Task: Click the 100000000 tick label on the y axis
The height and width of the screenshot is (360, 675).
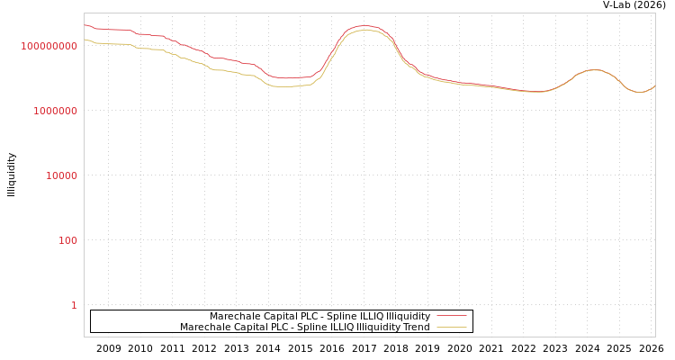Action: pos(49,46)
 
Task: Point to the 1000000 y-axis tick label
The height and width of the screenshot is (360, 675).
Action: pos(55,111)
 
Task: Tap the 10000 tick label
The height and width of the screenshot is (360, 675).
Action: pos(61,175)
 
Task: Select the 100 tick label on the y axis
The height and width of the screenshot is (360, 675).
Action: pos(67,240)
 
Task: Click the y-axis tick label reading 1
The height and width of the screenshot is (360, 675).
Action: pos(74,305)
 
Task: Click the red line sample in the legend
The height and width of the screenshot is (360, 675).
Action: pos(451,317)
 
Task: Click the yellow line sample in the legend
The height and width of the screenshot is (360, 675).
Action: pos(451,328)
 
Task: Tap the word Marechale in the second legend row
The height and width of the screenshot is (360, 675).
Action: pos(203,328)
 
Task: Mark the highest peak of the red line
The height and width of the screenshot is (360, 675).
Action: pos(364,26)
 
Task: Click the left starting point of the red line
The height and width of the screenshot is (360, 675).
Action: pos(85,25)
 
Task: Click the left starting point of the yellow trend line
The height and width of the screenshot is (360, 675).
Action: pos(85,39)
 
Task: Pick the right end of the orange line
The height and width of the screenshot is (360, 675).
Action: pos(654,85)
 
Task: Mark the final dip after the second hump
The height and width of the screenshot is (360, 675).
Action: pos(640,93)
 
